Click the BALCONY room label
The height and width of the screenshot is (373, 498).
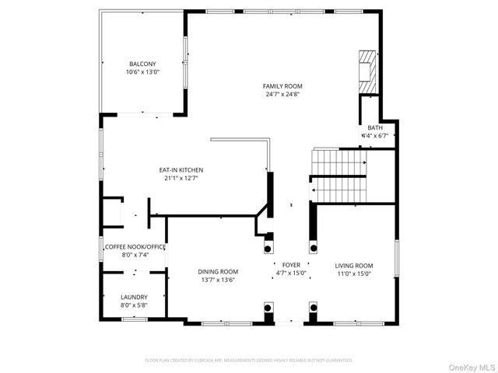[142, 64]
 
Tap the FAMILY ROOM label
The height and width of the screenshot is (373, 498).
[282, 86]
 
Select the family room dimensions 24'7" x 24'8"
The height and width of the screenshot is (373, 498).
[282, 95]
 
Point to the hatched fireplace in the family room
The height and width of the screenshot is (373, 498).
[366, 71]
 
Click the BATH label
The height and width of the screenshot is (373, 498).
[375, 128]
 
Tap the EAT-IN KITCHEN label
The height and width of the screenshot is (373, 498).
[181, 169]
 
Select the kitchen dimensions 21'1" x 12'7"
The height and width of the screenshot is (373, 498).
[181, 178]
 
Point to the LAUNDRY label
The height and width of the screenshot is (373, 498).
[134, 297]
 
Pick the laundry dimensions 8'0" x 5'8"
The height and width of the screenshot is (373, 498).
[134, 305]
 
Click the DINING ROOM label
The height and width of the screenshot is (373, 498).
[218, 271]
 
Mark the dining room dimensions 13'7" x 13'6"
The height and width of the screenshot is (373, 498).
[218, 280]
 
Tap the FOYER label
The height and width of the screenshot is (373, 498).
[291, 265]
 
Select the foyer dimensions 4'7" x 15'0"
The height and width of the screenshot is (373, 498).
[291, 274]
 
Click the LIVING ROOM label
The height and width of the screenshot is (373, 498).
[354, 265]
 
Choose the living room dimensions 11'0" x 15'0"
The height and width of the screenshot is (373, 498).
[354, 274]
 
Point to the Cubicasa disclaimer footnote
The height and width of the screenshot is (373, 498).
[249, 361]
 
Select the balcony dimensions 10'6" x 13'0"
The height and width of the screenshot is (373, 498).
[142, 72]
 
